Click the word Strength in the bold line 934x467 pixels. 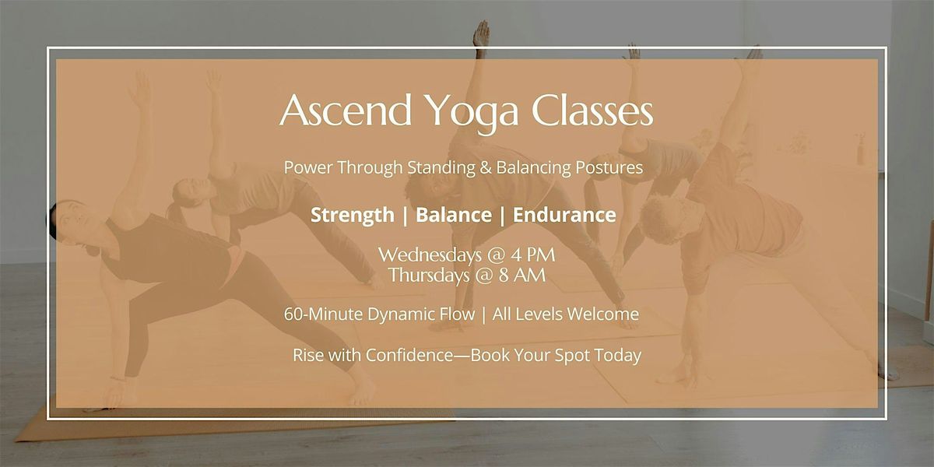tap(352, 215)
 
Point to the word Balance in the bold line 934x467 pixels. tap(453, 215)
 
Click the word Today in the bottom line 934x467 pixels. tap(620, 356)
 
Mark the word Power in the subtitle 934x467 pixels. tap(305, 167)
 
